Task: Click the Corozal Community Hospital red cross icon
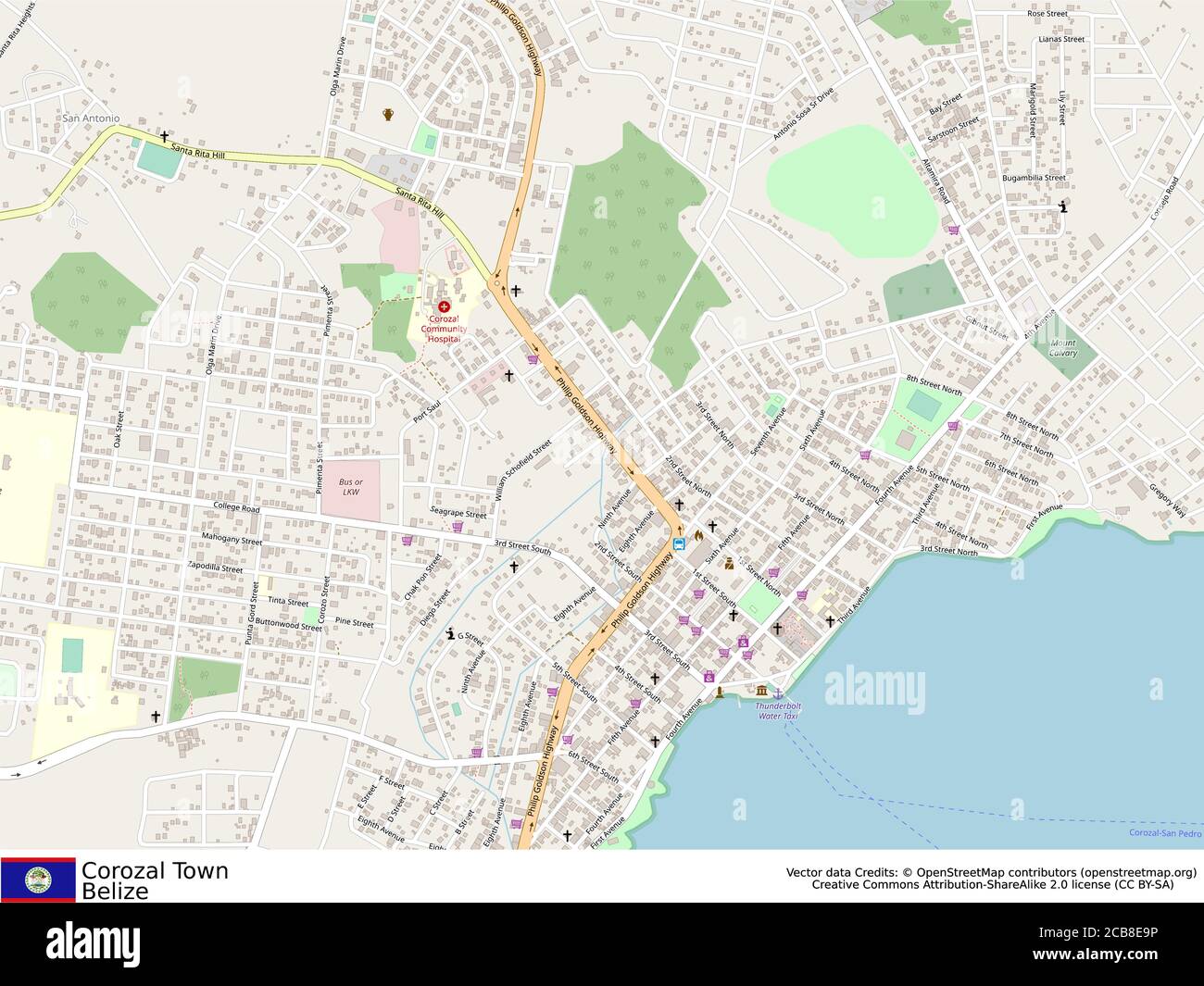point(445,306)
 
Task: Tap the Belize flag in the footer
point(38,879)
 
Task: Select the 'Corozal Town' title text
point(155,870)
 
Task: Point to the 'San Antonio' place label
point(90,119)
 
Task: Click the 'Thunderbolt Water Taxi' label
point(779,711)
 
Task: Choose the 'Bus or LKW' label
point(350,487)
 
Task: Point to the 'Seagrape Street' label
point(458,514)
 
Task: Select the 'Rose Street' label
point(1047,15)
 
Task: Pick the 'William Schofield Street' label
point(523,470)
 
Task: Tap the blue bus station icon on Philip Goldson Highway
point(679,543)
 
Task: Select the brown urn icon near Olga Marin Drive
point(388,114)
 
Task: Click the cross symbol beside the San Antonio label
point(165,136)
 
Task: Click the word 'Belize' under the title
point(115,892)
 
